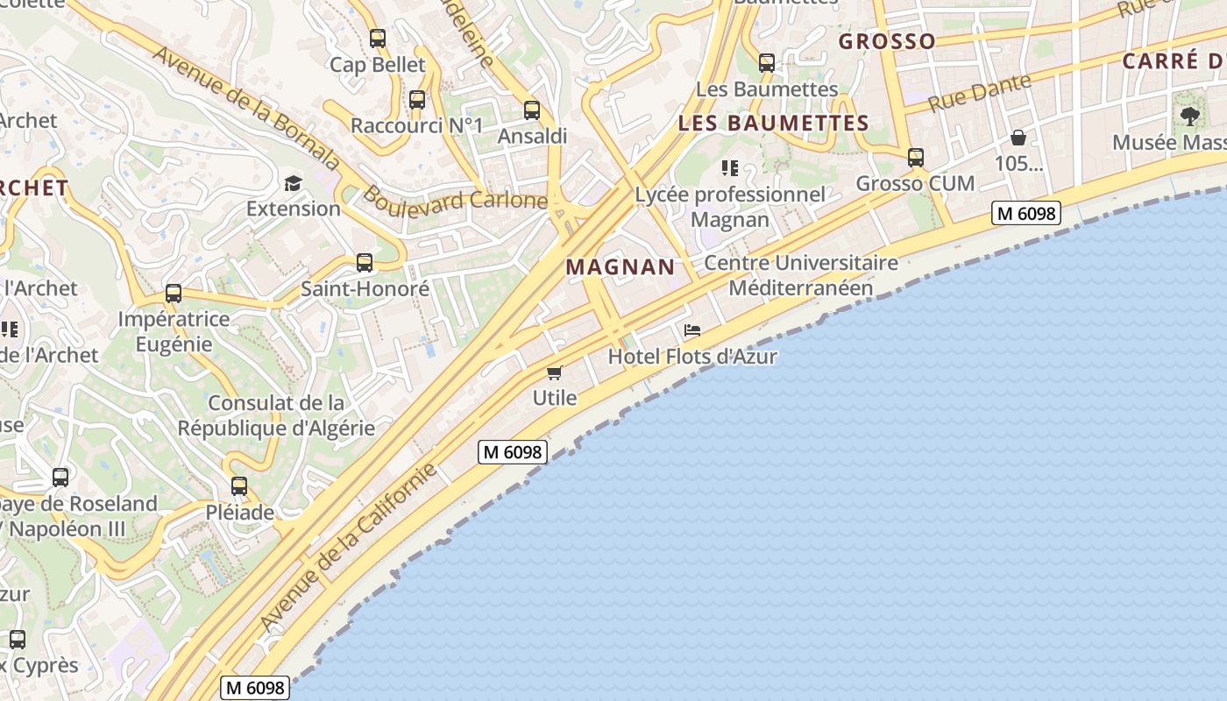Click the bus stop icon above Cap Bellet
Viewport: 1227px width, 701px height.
point(378,39)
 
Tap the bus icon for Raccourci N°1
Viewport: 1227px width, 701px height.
point(417,100)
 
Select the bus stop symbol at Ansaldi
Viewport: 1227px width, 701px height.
point(532,110)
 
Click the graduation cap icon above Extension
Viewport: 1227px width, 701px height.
point(293,183)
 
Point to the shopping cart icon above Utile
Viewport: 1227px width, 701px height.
point(554,373)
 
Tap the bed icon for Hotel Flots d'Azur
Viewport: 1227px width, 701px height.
point(692,330)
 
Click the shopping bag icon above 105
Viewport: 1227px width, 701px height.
point(1018,138)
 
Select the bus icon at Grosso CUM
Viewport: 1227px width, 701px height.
point(916,158)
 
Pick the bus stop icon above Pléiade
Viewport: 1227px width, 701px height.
point(239,486)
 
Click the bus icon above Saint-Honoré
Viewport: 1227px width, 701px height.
point(365,263)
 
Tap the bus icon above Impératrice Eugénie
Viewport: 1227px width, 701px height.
point(174,294)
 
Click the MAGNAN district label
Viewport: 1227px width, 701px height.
point(621,267)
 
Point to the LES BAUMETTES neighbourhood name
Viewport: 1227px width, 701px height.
point(774,124)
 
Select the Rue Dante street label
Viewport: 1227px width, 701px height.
point(979,92)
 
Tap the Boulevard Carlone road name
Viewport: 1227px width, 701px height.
point(455,199)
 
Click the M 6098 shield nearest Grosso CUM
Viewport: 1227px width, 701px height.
point(1026,213)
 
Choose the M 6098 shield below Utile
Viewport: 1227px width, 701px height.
point(513,452)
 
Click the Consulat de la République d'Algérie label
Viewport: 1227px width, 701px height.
point(276,415)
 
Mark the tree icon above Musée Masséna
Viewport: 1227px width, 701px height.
point(1189,116)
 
